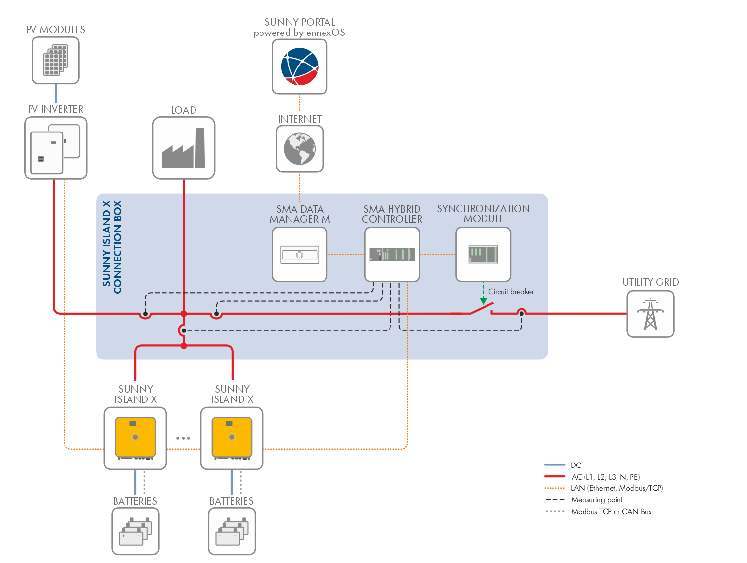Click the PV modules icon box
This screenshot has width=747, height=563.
pos(56,61)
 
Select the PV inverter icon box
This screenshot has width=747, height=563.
pos(56,148)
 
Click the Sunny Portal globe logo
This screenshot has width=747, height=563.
pos(299,66)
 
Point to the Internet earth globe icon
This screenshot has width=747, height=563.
pos(299,149)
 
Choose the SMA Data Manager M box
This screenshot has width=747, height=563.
pos(299,254)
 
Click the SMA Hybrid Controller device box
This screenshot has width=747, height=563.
pos(392,254)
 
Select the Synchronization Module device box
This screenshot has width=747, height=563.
pos(483,254)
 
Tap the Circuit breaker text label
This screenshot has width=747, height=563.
pos(511,292)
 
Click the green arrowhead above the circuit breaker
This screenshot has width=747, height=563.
pos(483,301)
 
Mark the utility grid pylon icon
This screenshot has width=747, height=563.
pos(650,314)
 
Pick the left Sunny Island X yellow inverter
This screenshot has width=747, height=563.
pos(135,438)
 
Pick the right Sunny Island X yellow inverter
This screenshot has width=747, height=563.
pos(232,438)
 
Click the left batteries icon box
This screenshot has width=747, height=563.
pos(135,531)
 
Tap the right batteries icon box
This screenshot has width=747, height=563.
pos(232,531)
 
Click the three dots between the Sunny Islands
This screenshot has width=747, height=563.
pos(183,438)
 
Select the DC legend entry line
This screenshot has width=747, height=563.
pos(554,465)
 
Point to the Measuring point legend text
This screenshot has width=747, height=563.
pos(597,500)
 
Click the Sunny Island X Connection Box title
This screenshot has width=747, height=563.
pos(112,247)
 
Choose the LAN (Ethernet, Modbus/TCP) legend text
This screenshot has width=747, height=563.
pos(617,488)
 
